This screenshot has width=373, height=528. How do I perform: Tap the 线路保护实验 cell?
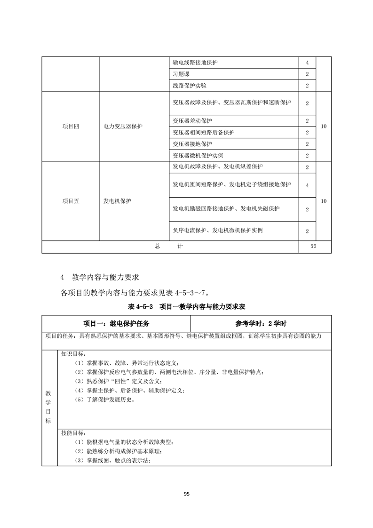[190, 86]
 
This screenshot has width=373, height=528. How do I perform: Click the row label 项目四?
[71, 127]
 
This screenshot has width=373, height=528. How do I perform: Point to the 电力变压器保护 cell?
[123, 127]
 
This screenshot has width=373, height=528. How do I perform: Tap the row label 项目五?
[71, 201]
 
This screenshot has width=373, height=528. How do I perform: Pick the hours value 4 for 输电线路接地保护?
[307, 62]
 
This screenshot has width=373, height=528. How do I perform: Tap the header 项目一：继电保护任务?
[117, 324]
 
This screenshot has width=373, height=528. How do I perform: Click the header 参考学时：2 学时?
[261, 324]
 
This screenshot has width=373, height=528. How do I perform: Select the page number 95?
[186, 494]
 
